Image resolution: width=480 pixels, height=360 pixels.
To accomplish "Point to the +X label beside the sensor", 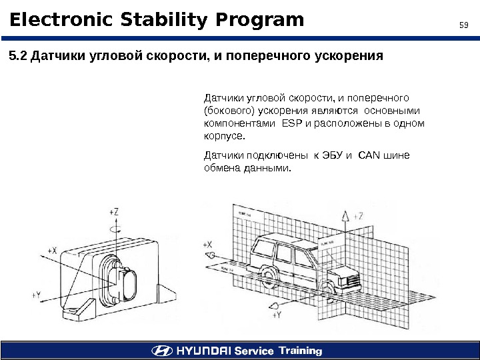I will pyautogui.click(x=53, y=250).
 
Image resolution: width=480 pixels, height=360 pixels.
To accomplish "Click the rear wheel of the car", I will pyautogui.click(x=269, y=275).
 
